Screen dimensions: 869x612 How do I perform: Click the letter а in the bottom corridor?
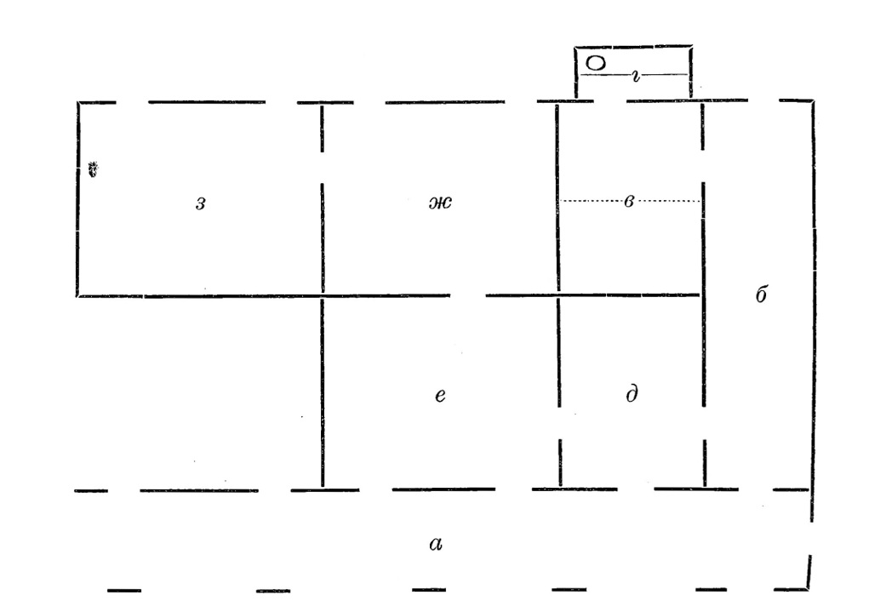click(436, 545)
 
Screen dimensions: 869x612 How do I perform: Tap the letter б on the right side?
click(762, 294)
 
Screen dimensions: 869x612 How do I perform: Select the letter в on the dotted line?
click(628, 201)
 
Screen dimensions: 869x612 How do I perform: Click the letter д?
click(632, 393)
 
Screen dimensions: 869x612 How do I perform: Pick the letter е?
click(440, 395)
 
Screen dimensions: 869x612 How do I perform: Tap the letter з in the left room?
click(201, 203)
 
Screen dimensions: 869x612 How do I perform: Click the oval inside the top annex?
click(595, 63)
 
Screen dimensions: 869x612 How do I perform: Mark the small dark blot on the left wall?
click(94, 169)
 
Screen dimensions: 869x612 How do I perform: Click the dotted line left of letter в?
click(591, 201)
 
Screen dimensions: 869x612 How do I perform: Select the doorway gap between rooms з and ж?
click(322, 167)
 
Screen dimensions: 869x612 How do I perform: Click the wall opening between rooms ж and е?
click(468, 295)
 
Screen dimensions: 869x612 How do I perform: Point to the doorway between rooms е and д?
click(559, 423)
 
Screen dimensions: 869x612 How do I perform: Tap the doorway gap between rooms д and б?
click(704, 423)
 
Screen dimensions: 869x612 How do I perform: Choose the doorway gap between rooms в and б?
click(703, 166)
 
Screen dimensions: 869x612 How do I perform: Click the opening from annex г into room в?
click(609, 101)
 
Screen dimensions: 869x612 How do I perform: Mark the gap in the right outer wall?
click(811, 538)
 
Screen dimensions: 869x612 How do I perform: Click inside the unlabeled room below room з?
click(199, 392)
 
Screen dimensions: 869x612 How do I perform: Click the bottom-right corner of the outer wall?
click(807, 589)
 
